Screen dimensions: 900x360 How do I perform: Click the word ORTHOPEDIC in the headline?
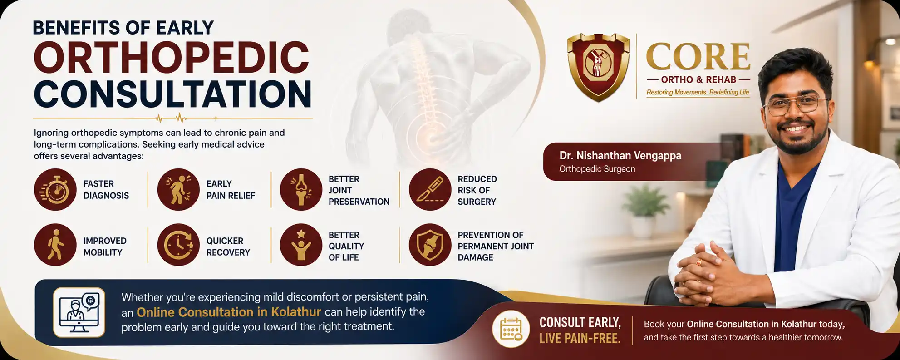pos(172,57)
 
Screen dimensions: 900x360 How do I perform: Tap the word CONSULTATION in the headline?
pos(172,94)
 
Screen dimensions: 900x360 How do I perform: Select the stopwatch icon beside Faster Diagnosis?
pos(55,189)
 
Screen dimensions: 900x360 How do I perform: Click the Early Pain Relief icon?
pos(178,189)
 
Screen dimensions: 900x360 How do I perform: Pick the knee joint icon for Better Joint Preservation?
pos(301,189)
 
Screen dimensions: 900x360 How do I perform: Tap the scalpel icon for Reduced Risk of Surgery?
pos(430,189)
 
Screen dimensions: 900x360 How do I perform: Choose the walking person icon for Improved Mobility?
pos(55,245)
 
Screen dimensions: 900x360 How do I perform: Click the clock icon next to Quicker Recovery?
pos(178,245)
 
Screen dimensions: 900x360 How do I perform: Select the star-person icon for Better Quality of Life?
pos(301,245)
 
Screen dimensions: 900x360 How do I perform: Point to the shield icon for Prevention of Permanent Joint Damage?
pos(430,245)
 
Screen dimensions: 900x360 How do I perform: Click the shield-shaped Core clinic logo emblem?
pos(599,67)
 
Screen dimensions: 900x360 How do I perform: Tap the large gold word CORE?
pos(698,57)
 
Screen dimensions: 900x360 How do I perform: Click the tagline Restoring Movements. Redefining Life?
pos(698,92)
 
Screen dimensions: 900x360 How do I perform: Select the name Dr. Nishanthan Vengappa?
pos(620,155)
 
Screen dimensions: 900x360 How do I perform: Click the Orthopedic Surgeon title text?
pos(597,169)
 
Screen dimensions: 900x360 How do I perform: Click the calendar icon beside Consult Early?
pos(511,329)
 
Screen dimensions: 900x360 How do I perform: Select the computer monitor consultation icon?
pos(79,312)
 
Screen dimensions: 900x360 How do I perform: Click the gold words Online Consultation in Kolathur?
pos(229,312)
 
